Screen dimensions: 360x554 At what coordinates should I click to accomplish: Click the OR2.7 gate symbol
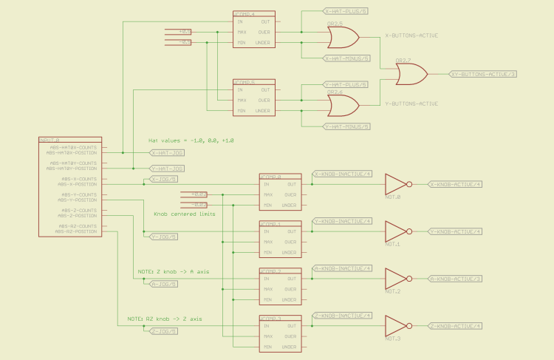pyautogui.click(x=411, y=74)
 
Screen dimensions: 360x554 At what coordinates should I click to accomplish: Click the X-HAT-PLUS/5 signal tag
pyautogui.click(x=346, y=12)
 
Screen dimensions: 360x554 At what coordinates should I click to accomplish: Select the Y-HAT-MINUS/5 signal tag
pyautogui.click(x=347, y=127)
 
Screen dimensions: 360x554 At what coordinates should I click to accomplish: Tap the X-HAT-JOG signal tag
pyautogui.click(x=167, y=153)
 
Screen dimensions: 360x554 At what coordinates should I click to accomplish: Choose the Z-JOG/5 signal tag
pyautogui.click(x=163, y=331)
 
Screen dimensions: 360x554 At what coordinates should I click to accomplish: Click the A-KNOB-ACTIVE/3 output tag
pyautogui.click(x=455, y=279)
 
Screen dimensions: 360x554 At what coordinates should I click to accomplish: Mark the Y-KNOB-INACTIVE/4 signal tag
pyautogui.click(x=343, y=221)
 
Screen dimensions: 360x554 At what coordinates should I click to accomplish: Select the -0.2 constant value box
pyautogui.click(x=199, y=204)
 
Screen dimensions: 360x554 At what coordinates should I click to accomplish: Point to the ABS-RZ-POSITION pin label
pyautogui.click(x=75, y=231)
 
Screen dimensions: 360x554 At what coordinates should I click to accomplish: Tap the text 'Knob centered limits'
pyautogui.click(x=184, y=214)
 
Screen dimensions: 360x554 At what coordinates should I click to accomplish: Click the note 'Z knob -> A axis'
pyautogui.click(x=173, y=271)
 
